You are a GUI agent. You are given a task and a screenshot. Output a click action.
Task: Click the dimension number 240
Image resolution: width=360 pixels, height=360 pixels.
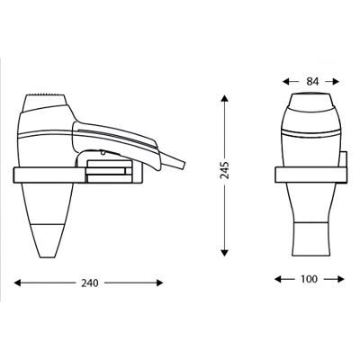pyautogui.click(x=90, y=283)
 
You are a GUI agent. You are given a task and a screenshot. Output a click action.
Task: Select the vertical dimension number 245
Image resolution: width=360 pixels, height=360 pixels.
pyautogui.click(x=225, y=170)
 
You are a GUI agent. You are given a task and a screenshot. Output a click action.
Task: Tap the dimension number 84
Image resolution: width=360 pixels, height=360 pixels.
pyautogui.click(x=312, y=81)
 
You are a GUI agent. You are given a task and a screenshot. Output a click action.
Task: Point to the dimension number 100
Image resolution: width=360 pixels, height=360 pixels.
pyautogui.click(x=309, y=279)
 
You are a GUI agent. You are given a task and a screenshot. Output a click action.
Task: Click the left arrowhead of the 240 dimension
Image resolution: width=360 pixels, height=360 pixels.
pyautogui.click(x=18, y=283)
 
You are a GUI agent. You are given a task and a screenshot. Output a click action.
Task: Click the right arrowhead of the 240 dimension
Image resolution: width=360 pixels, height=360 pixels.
pyautogui.click(x=159, y=283)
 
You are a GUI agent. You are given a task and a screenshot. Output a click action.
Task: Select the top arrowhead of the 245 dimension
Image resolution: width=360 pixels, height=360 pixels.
pyautogui.click(x=224, y=99)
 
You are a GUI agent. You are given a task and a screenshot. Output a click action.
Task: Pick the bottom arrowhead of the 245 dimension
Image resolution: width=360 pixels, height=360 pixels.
pyautogui.click(x=224, y=253)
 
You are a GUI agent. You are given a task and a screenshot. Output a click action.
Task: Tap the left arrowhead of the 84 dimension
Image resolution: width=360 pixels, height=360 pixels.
pyautogui.click(x=286, y=81)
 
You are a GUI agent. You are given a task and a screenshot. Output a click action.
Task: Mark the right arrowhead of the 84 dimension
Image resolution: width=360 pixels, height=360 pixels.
pyautogui.click(x=336, y=81)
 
